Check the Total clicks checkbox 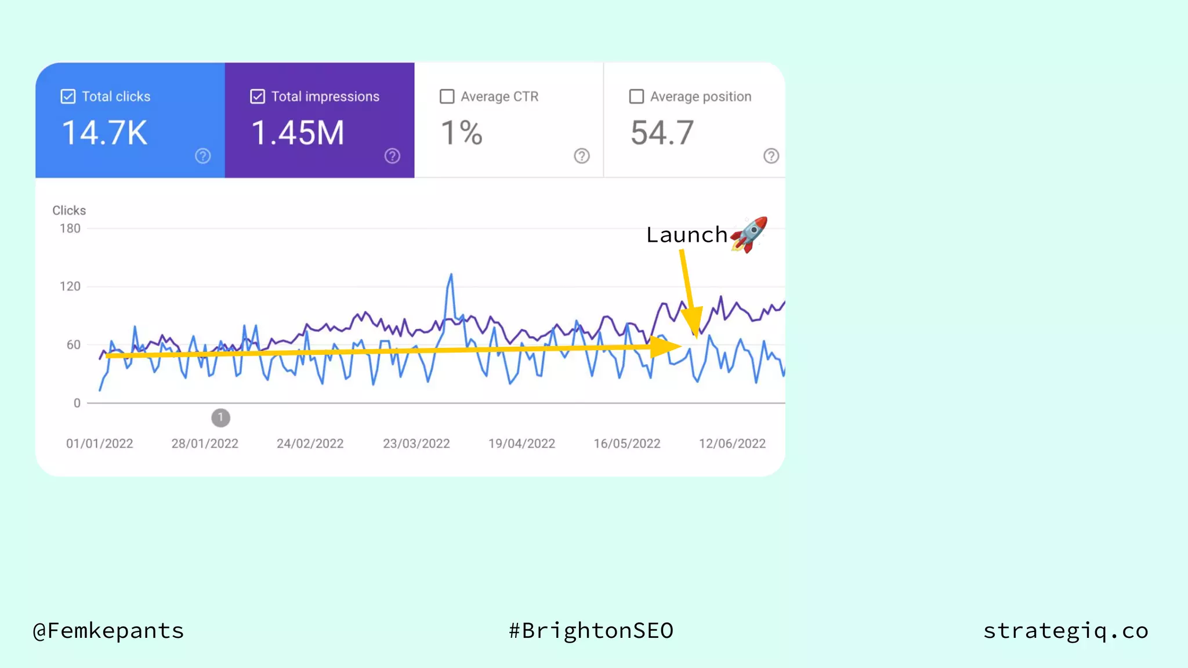pyautogui.click(x=68, y=96)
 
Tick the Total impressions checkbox pyautogui.click(x=258, y=96)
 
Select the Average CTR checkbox pyautogui.click(x=447, y=96)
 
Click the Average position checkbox pyautogui.click(x=636, y=96)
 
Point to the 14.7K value pyautogui.click(x=104, y=133)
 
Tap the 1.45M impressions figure pyautogui.click(x=298, y=133)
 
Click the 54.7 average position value pyautogui.click(x=662, y=133)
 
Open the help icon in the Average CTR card pyautogui.click(x=581, y=156)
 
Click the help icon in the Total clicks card pyautogui.click(x=202, y=156)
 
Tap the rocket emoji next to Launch pyautogui.click(x=749, y=234)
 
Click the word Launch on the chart pyautogui.click(x=686, y=235)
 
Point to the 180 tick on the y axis pyautogui.click(x=70, y=228)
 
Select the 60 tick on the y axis pyautogui.click(x=74, y=345)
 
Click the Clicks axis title pyautogui.click(x=69, y=210)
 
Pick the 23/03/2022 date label pyautogui.click(x=416, y=444)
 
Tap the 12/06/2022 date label pyautogui.click(x=732, y=444)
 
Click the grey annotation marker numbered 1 pyautogui.click(x=220, y=418)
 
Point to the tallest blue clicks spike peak pyautogui.click(x=451, y=275)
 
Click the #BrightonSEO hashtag pyautogui.click(x=591, y=631)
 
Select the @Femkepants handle pyautogui.click(x=108, y=631)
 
